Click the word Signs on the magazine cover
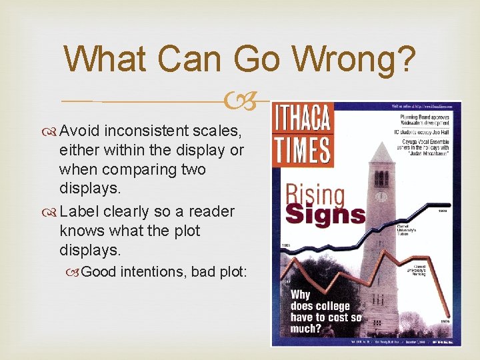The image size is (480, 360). pos(326,214)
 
